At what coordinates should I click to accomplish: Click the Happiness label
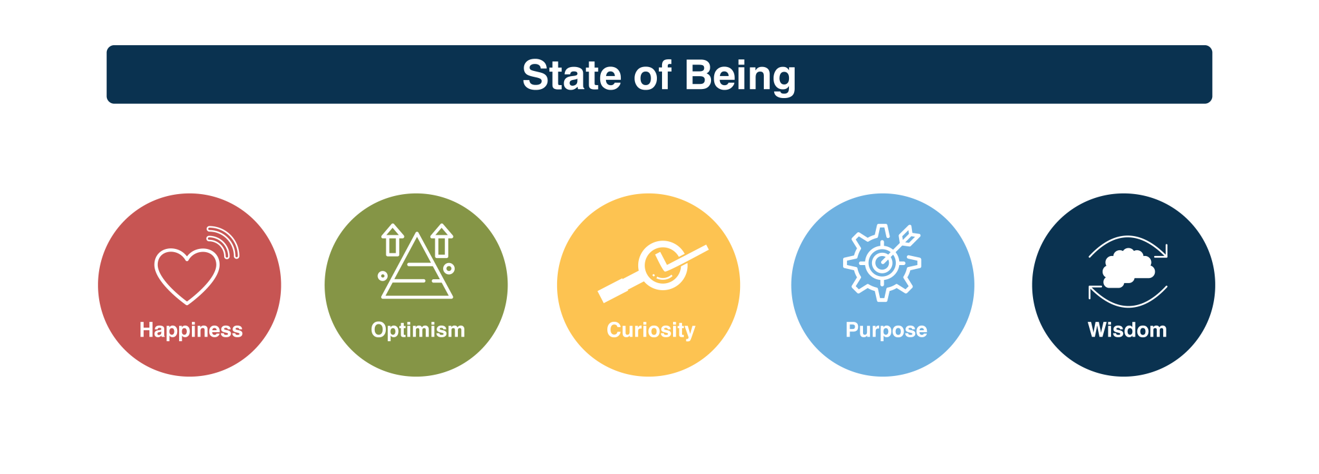191,330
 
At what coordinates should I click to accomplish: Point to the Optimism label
418,330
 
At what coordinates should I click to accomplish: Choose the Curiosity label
651,330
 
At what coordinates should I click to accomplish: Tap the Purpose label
886,330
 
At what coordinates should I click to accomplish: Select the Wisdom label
1127,330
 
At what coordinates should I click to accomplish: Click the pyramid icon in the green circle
417,267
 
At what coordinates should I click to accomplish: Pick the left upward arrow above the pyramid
392,239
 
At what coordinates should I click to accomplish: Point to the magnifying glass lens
663,265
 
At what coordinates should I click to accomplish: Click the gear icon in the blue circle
881,263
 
